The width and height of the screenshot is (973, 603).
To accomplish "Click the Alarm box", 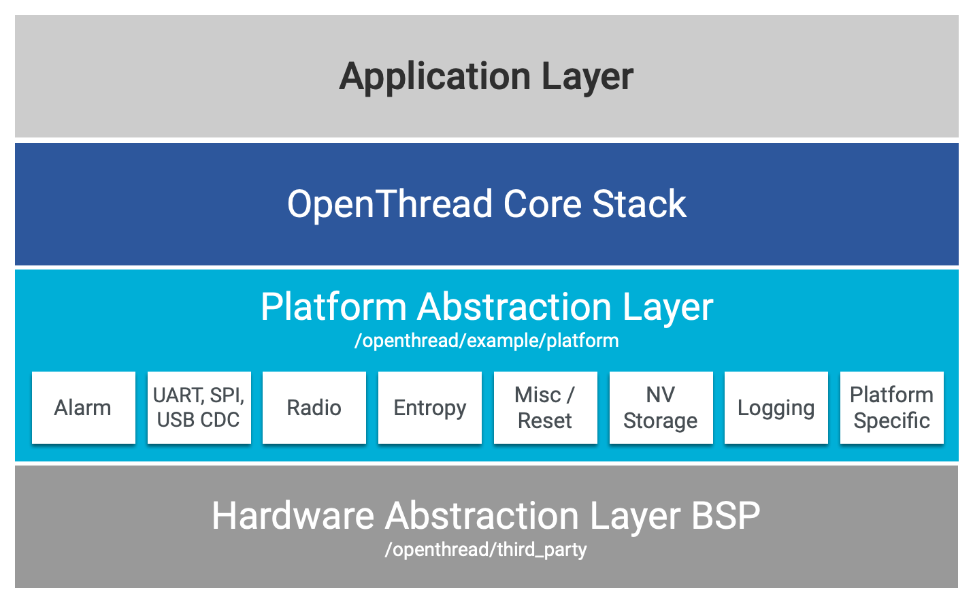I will tap(83, 408).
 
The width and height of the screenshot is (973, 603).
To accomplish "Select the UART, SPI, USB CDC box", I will tap(199, 408).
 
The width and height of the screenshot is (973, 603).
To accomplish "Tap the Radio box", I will tap(314, 408).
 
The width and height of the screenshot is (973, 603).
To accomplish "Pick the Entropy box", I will tap(429, 408).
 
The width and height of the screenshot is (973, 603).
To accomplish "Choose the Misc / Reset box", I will tap(545, 408).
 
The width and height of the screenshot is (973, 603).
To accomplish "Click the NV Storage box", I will tap(661, 408).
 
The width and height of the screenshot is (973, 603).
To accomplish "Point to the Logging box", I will tap(776, 408).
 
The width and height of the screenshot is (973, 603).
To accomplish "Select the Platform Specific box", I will tap(891, 408).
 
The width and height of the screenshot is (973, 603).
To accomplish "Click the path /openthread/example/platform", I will tap(486, 341).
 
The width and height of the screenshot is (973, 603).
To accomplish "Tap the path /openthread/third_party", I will tap(486, 550).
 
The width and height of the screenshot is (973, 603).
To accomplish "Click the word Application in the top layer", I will tap(434, 77).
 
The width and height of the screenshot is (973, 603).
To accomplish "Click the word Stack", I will tap(639, 204).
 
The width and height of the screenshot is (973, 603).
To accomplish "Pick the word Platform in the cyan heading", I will tap(333, 307).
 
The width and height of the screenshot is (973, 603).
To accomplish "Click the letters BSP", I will tap(725, 516).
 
